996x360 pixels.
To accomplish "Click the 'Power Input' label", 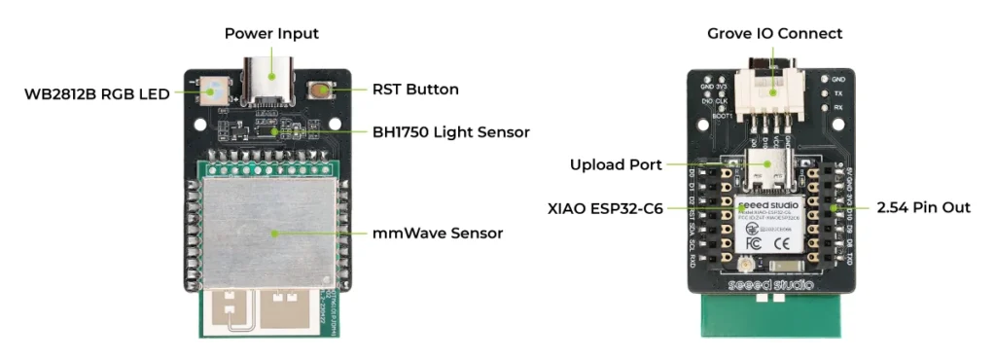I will [x=271, y=33].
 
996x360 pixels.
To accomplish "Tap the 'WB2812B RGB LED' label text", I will [x=97, y=93].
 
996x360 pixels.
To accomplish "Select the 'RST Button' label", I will [x=415, y=90].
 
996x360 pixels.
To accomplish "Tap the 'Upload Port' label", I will [x=617, y=164].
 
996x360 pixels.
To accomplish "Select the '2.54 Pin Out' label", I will [x=923, y=207].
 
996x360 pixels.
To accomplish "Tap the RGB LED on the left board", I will [x=214, y=90].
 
